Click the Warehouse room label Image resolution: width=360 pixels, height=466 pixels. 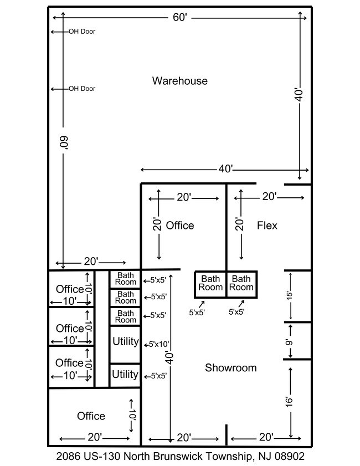point(179,81)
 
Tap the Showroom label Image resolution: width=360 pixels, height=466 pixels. point(230,367)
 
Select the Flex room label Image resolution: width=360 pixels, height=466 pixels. point(267,226)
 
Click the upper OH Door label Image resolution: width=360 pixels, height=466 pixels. point(81,32)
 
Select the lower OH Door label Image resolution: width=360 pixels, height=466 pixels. point(81,89)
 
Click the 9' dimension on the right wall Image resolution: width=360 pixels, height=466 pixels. point(288,341)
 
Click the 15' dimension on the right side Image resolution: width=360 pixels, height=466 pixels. point(288,296)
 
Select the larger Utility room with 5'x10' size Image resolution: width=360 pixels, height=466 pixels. point(125,341)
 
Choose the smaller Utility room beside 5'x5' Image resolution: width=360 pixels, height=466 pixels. point(125,375)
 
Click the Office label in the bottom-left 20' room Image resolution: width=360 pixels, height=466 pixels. point(91,416)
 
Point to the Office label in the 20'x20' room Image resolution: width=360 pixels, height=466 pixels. point(180,226)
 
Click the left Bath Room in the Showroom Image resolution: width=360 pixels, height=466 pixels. point(210,283)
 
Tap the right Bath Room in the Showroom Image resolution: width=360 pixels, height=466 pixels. point(241,283)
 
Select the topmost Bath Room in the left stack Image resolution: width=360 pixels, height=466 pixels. point(126,279)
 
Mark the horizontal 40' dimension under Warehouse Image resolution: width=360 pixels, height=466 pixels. point(225,169)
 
